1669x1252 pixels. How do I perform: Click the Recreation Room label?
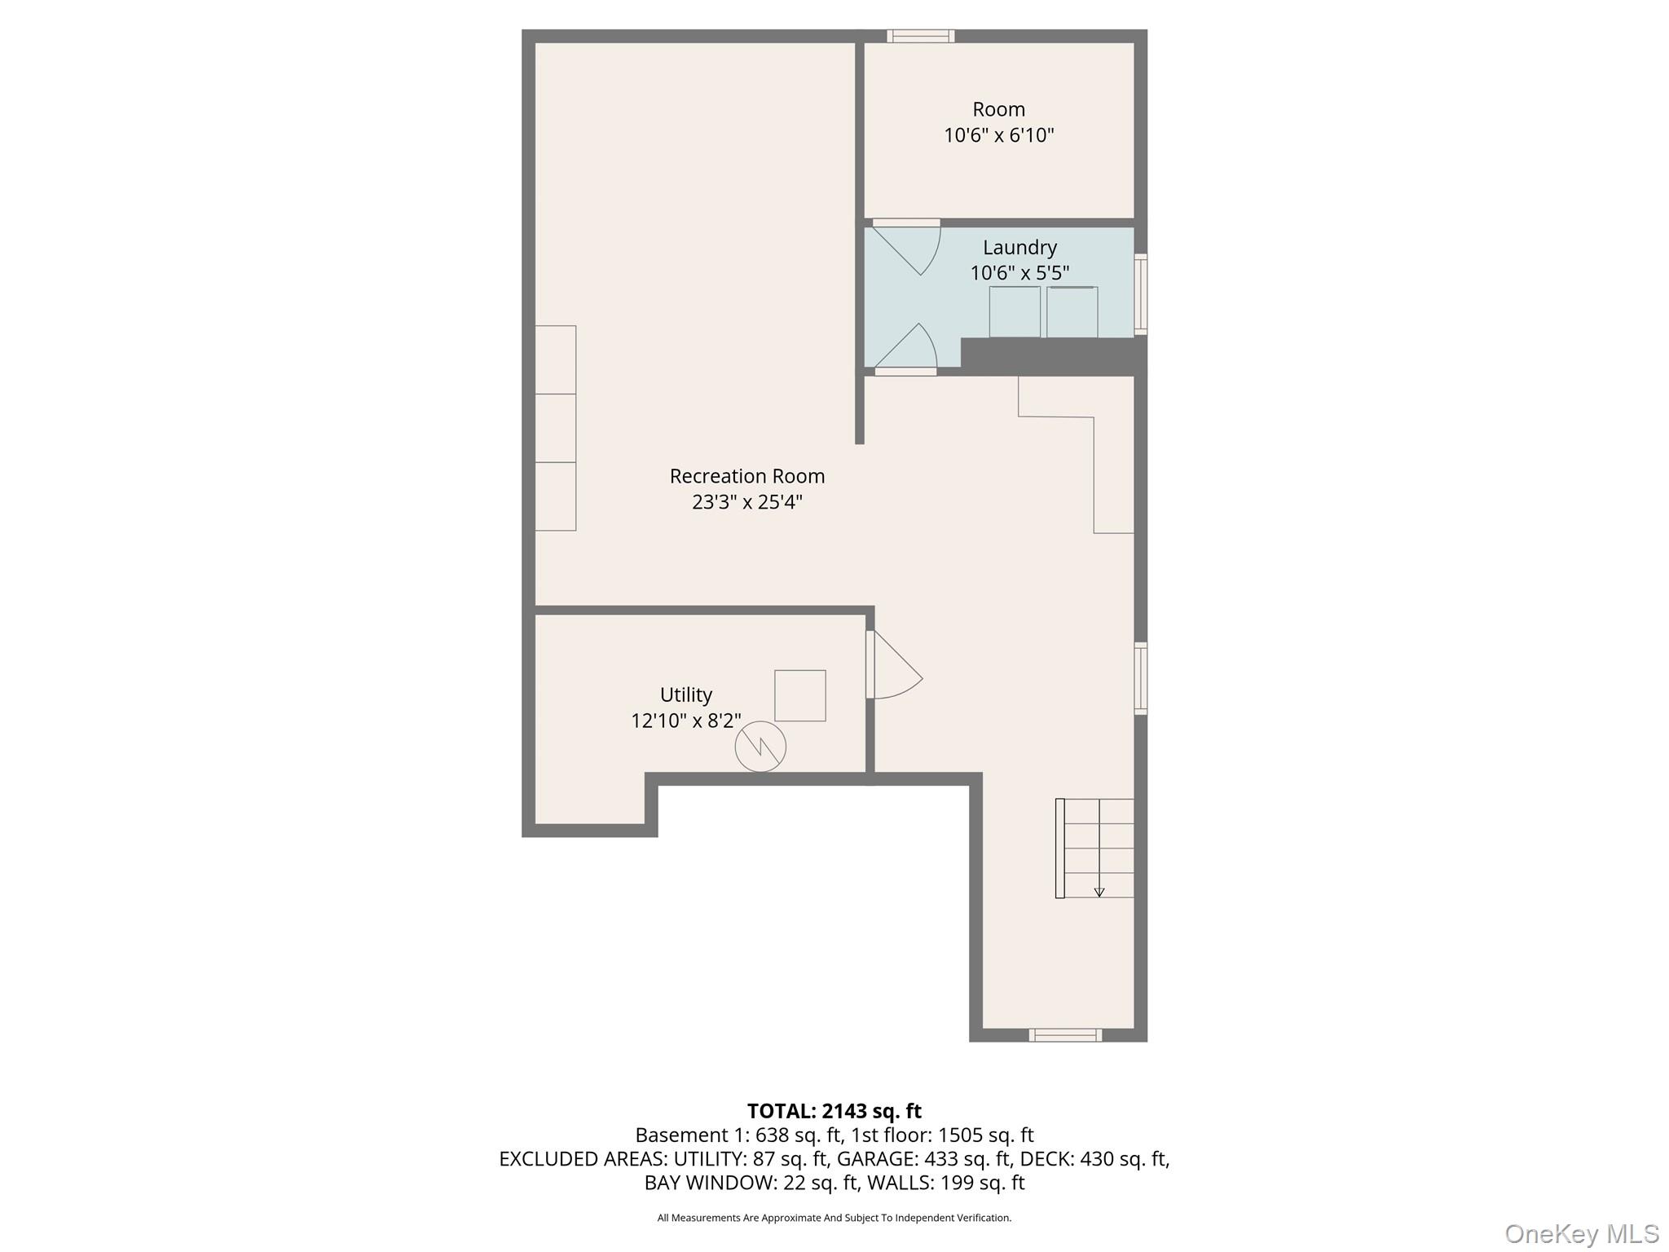746,476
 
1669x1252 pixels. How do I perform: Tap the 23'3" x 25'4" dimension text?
746,502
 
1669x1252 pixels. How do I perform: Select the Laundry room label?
1019,247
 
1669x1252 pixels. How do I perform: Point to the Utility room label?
685,694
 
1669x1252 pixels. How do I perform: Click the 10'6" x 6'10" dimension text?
998,135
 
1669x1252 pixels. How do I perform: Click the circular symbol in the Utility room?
760,746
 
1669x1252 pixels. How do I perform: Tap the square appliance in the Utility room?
799,695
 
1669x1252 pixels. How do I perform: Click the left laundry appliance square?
1015,311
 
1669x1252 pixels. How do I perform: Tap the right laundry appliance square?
1072,311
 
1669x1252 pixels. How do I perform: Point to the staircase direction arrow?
1099,892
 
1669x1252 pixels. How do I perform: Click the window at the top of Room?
920,36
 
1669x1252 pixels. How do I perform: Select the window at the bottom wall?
1064,1035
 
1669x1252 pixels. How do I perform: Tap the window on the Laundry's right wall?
1141,293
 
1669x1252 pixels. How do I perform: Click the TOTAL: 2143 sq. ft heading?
834,1111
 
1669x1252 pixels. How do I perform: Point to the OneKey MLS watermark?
1581,1233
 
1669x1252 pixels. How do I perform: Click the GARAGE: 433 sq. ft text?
924,1158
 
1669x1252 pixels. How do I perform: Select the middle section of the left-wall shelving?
556,428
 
